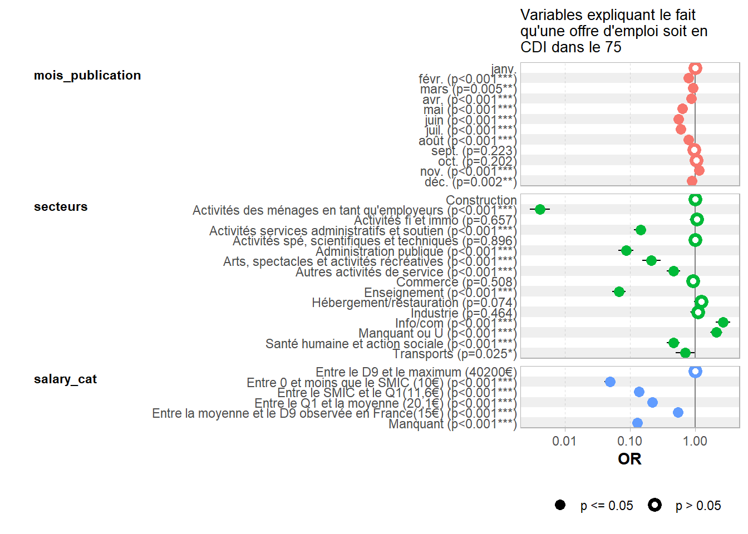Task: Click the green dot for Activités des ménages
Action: [x=539, y=209]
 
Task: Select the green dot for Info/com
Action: [x=722, y=323]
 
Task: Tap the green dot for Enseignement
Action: [x=618, y=291]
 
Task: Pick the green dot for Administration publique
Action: [x=626, y=250]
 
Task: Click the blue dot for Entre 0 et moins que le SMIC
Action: [x=610, y=382]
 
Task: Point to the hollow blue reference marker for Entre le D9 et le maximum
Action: [x=695, y=371]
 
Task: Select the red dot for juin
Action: [x=678, y=119]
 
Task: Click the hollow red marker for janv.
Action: [x=695, y=68]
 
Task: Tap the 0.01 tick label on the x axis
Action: [x=564, y=442]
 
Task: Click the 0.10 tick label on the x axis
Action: [x=629, y=442]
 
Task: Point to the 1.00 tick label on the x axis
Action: [x=695, y=442]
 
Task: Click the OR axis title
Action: [x=629, y=459]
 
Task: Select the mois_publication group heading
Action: [x=87, y=76]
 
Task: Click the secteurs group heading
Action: [x=61, y=207]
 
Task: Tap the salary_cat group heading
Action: [x=65, y=379]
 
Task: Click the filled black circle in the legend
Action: [x=560, y=505]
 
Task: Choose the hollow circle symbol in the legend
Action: [x=654, y=505]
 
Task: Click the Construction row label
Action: [x=481, y=200]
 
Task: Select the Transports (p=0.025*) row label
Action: [x=454, y=354]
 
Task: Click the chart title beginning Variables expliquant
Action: [x=613, y=31]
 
